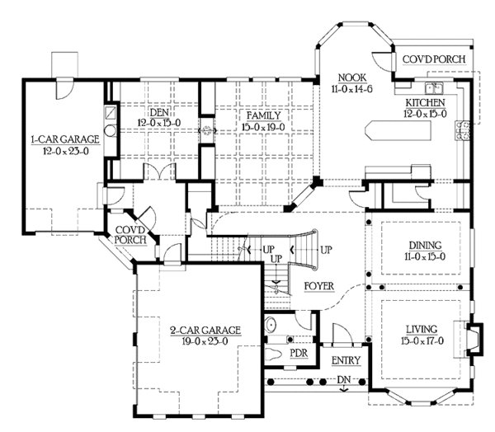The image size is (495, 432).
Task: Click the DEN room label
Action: [x=159, y=112]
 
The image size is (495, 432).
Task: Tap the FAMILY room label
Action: [x=264, y=115]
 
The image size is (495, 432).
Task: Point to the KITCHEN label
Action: [x=425, y=102]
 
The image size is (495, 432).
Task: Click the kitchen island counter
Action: [x=398, y=129]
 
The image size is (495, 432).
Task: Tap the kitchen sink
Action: [x=434, y=88]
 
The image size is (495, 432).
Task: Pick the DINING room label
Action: [x=425, y=245]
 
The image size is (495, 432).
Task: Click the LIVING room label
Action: [x=422, y=330]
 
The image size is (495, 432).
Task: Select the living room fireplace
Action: [x=474, y=339]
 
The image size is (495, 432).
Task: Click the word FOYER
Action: [x=318, y=286]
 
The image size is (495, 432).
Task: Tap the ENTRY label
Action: [x=346, y=360]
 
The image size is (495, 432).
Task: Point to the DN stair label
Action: [x=343, y=379]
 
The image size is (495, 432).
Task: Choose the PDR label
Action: [x=299, y=353]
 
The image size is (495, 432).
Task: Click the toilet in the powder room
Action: [x=273, y=354]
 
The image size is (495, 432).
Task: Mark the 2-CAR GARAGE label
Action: [x=205, y=331]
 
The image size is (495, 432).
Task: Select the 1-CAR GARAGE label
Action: [x=65, y=139]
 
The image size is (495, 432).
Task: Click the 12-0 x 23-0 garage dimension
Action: [x=66, y=151]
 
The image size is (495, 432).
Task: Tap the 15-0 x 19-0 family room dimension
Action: [x=263, y=127]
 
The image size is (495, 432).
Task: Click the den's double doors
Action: [x=159, y=172]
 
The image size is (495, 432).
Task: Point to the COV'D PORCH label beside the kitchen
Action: [x=434, y=59]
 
